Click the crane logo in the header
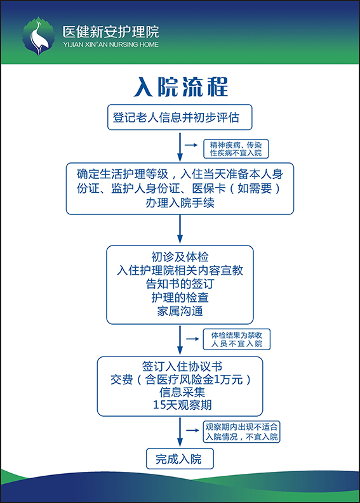pos(38,36)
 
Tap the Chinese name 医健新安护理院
pos(111,32)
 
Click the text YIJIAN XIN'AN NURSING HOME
pos(111,44)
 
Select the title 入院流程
pos(181,87)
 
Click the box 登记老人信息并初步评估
pos(180,117)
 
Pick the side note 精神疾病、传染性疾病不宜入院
pos(236,149)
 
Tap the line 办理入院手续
pos(180,203)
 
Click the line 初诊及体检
pos(180,257)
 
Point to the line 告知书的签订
pos(180,284)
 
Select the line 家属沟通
pos(180,311)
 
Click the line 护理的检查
pos(180,297)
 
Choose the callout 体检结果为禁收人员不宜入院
pos(237,339)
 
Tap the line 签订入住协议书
pos(182,367)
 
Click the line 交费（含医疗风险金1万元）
pos(181,379)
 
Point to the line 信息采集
pos(182,392)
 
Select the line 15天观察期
pos(182,405)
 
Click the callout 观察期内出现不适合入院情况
pos(241,432)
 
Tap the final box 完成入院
pos(180,459)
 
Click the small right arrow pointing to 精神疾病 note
pos(191,145)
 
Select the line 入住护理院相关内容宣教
pos(180,270)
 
